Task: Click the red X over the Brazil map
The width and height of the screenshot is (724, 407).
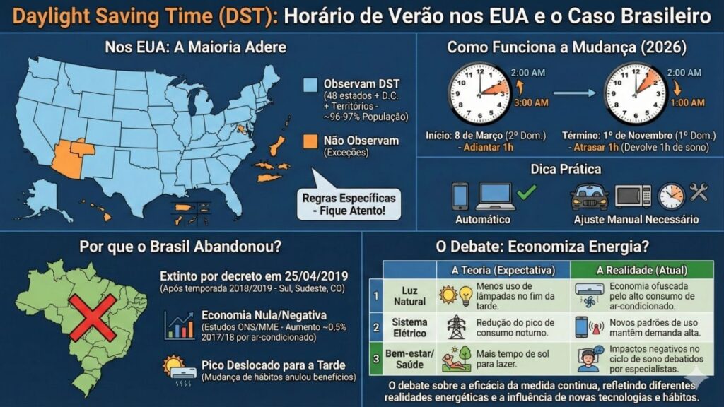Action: point(92,318)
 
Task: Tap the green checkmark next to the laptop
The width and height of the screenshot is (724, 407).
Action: point(527,191)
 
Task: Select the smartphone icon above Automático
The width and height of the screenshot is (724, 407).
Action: point(460,196)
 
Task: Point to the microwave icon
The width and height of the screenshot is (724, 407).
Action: point(633,196)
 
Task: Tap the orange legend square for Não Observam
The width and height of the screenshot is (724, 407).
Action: point(310,141)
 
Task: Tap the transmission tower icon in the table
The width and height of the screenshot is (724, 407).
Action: point(455,326)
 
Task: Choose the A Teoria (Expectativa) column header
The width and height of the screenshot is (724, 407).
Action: point(503,270)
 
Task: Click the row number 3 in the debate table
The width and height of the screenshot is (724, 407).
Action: point(377,359)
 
